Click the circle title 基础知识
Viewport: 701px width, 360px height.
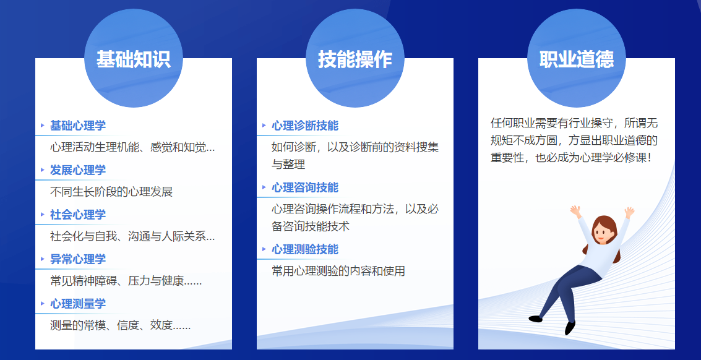(x=133, y=59)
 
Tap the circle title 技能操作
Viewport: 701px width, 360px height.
(x=355, y=59)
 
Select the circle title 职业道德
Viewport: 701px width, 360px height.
(x=577, y=59)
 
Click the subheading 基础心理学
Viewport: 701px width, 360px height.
(x=78, y=126)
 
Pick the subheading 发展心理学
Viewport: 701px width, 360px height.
(x=78, y=170)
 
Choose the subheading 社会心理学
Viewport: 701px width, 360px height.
(x=78, y=215)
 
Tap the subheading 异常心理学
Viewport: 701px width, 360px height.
(x=78, y=259)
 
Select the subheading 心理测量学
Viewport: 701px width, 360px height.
(x=78, y=304)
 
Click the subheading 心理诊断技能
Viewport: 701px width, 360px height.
(x=305, y=126)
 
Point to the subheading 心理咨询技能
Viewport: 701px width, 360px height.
(x=305, y=187)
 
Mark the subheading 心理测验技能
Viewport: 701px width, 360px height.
(x=305, y=249)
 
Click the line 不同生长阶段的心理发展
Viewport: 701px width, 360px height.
(x=111, y=192)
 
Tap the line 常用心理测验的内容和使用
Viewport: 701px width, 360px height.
(x=338, y=271)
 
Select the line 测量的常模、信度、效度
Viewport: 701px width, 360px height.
(x=121, y=325)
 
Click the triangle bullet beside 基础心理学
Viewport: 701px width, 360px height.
(x=43, y=125)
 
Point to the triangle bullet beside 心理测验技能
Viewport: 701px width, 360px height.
(x=264, y=249)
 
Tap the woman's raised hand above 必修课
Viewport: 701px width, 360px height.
(x=629, y=212)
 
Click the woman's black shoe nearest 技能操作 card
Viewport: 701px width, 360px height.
(x=536, y=319)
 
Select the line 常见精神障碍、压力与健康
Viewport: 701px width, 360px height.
(x=126, y=281)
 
